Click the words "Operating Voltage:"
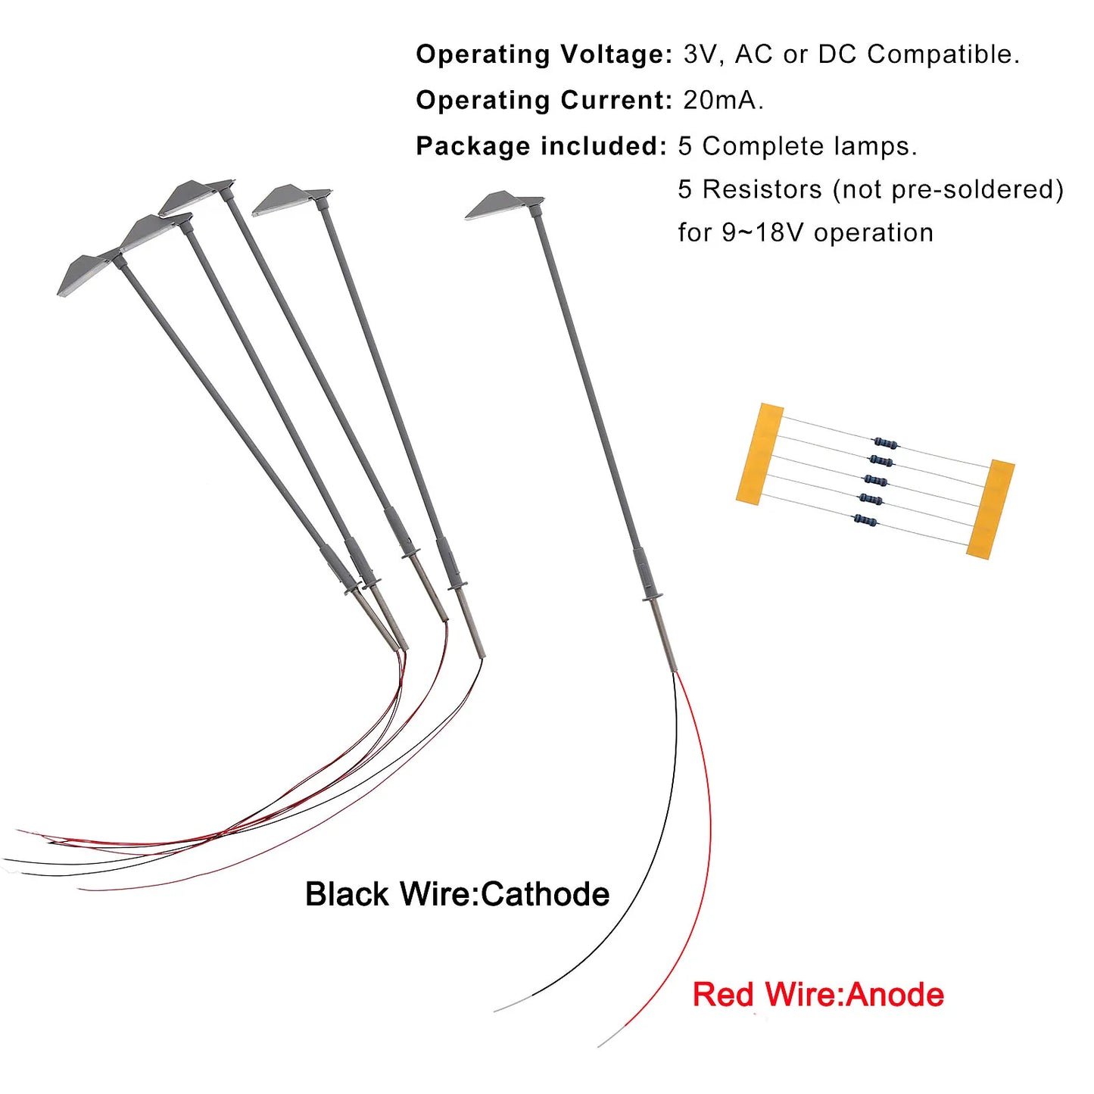544,55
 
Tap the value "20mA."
723,101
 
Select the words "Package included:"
541,146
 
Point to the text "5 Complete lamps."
798,146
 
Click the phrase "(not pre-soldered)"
948,189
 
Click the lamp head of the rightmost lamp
503,205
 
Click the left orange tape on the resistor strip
759,453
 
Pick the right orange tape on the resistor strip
990,509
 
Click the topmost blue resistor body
885,441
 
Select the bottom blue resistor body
865,519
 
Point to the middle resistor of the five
875,480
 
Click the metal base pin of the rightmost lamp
663,635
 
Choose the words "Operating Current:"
544,101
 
